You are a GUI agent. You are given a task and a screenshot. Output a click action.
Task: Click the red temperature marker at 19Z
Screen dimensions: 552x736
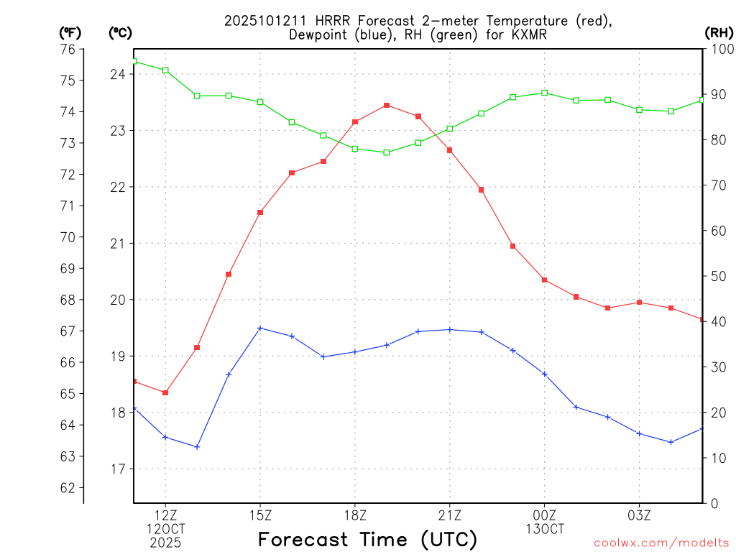pos(387,106)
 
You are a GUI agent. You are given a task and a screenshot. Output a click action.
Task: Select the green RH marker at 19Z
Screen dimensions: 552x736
pos(387,152)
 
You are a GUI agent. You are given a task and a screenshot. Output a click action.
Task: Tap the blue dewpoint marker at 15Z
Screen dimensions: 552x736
pos(260,328)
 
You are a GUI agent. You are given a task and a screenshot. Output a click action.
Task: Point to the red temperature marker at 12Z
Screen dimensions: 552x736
pos(165,392)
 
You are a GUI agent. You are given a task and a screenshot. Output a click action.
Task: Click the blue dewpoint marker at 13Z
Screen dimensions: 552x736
pos(197,446)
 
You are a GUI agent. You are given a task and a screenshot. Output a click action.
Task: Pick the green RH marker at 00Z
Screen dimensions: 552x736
pos(544,93)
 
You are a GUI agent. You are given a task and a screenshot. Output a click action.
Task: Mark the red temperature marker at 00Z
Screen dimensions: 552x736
pos(544,280)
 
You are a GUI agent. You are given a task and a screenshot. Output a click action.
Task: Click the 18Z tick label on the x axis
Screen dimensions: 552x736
pos(355,515)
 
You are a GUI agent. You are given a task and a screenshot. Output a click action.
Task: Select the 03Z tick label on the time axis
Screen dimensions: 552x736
pos(639,515)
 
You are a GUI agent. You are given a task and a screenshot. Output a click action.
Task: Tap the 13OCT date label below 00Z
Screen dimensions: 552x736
pos(544,529)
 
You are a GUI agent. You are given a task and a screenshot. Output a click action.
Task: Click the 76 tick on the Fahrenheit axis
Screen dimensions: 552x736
pos(68,49)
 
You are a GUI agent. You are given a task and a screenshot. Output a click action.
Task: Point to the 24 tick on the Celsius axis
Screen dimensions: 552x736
pos(119,74)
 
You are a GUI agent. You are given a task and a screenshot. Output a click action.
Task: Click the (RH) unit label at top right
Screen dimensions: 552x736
pos(719,32)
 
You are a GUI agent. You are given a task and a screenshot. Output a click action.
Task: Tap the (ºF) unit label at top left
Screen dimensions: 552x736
pos(70,32)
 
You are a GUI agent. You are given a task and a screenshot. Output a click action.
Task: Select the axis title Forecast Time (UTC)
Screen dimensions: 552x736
pos(367,539)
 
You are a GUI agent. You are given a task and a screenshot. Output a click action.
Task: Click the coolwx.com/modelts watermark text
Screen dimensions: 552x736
pos(661,543)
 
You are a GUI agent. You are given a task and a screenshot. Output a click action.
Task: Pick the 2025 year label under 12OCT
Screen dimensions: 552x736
pos(165,543)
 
